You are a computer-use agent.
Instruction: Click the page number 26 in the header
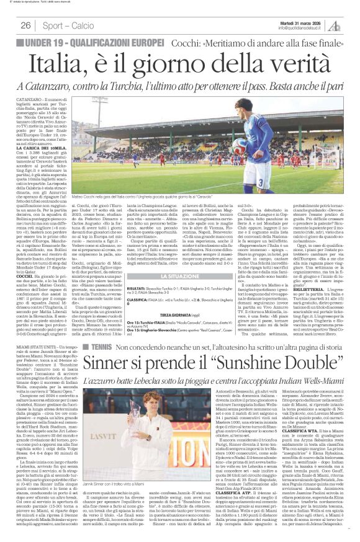pos(26,25)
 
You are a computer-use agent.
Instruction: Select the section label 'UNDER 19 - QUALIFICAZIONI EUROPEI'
pos(86,42)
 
